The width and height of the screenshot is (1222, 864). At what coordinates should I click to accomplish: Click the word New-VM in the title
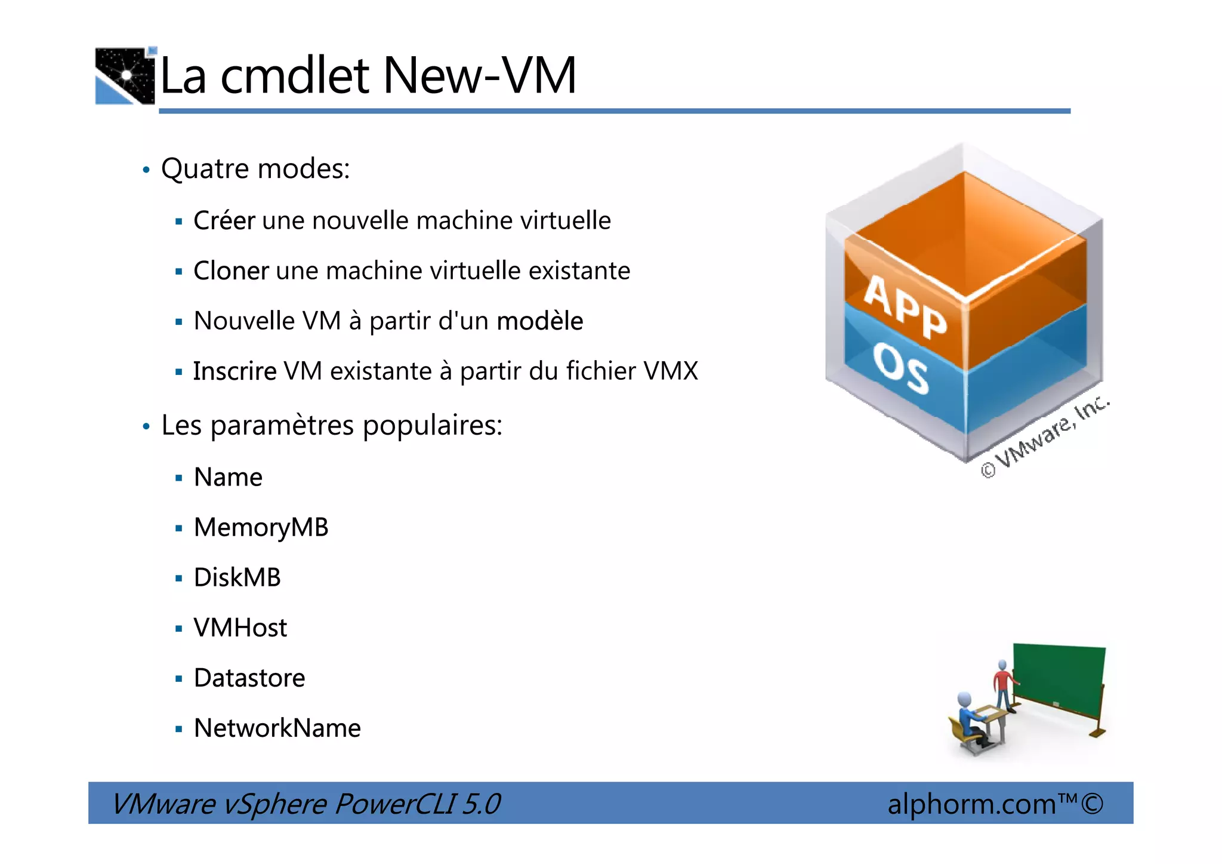click(x=479, y=76)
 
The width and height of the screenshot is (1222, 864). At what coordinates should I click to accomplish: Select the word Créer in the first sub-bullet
click(x=224, y=220)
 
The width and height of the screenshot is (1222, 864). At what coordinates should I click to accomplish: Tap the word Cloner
click(x=231, y=270)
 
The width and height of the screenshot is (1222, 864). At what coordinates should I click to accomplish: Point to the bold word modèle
click(x=539, y=321)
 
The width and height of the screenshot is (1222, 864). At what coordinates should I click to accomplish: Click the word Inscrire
click(x=234, y=371)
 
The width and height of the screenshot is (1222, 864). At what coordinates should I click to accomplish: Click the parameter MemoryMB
click(x=261, y=527)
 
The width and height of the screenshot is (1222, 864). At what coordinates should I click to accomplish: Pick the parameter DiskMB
click(x=237, y=577)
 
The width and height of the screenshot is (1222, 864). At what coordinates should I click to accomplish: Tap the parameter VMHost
click(x=240, y=628)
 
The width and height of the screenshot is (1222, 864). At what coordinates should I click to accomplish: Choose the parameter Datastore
click(x=249, y=678)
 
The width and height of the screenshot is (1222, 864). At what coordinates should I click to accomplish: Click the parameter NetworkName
click(x=277, y=728)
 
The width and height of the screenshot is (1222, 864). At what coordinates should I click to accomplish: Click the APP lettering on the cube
click(x=905, y=307)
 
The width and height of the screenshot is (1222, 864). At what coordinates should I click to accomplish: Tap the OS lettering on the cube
click(x=900, y=368)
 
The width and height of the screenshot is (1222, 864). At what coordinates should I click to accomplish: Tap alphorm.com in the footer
click(x=971, y=804)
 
